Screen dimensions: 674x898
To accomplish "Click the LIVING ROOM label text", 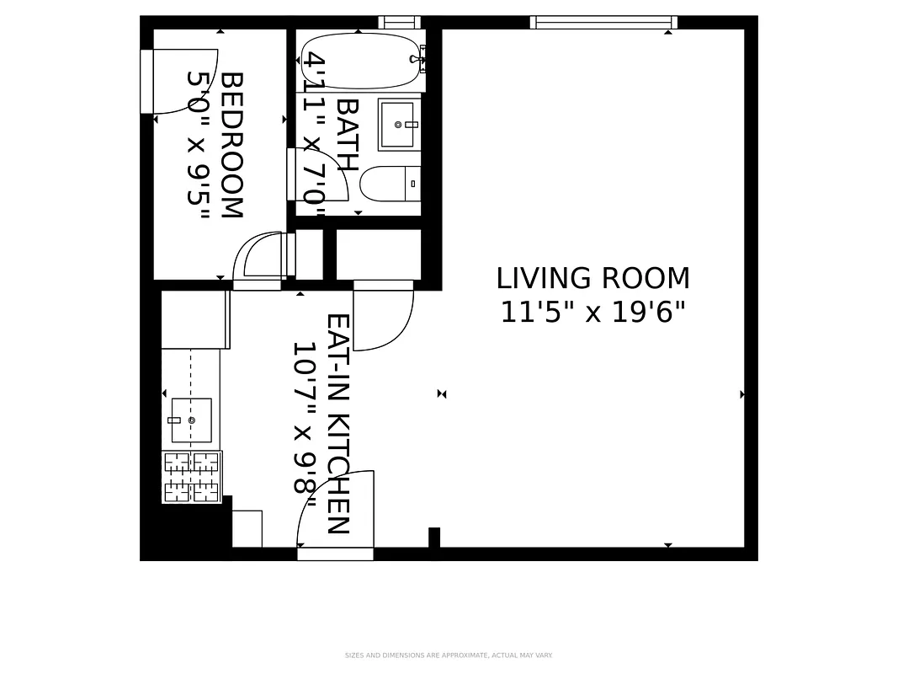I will coord(592,278).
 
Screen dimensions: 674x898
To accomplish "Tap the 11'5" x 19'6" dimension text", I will coord(592,313).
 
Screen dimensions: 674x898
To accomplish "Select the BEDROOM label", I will coord(231,145).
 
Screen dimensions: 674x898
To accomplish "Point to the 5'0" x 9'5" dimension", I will coord(197,145).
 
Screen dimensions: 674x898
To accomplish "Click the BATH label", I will coord(346,135).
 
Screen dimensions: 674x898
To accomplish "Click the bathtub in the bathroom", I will coord(359,60).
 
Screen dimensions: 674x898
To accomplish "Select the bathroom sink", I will coord(399,125).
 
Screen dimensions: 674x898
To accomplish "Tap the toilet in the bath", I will coord(390,183).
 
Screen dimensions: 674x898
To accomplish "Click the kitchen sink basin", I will coord(191,420).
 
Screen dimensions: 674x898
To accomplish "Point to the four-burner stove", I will coord(191,477).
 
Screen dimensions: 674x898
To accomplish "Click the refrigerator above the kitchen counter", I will coord(195,319).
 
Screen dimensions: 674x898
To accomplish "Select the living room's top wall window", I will coord(603,23).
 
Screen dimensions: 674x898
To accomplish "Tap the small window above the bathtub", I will coord(399,23).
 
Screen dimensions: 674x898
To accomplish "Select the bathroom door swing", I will coord(320,175).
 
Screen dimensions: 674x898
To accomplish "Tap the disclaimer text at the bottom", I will coord(449,655).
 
